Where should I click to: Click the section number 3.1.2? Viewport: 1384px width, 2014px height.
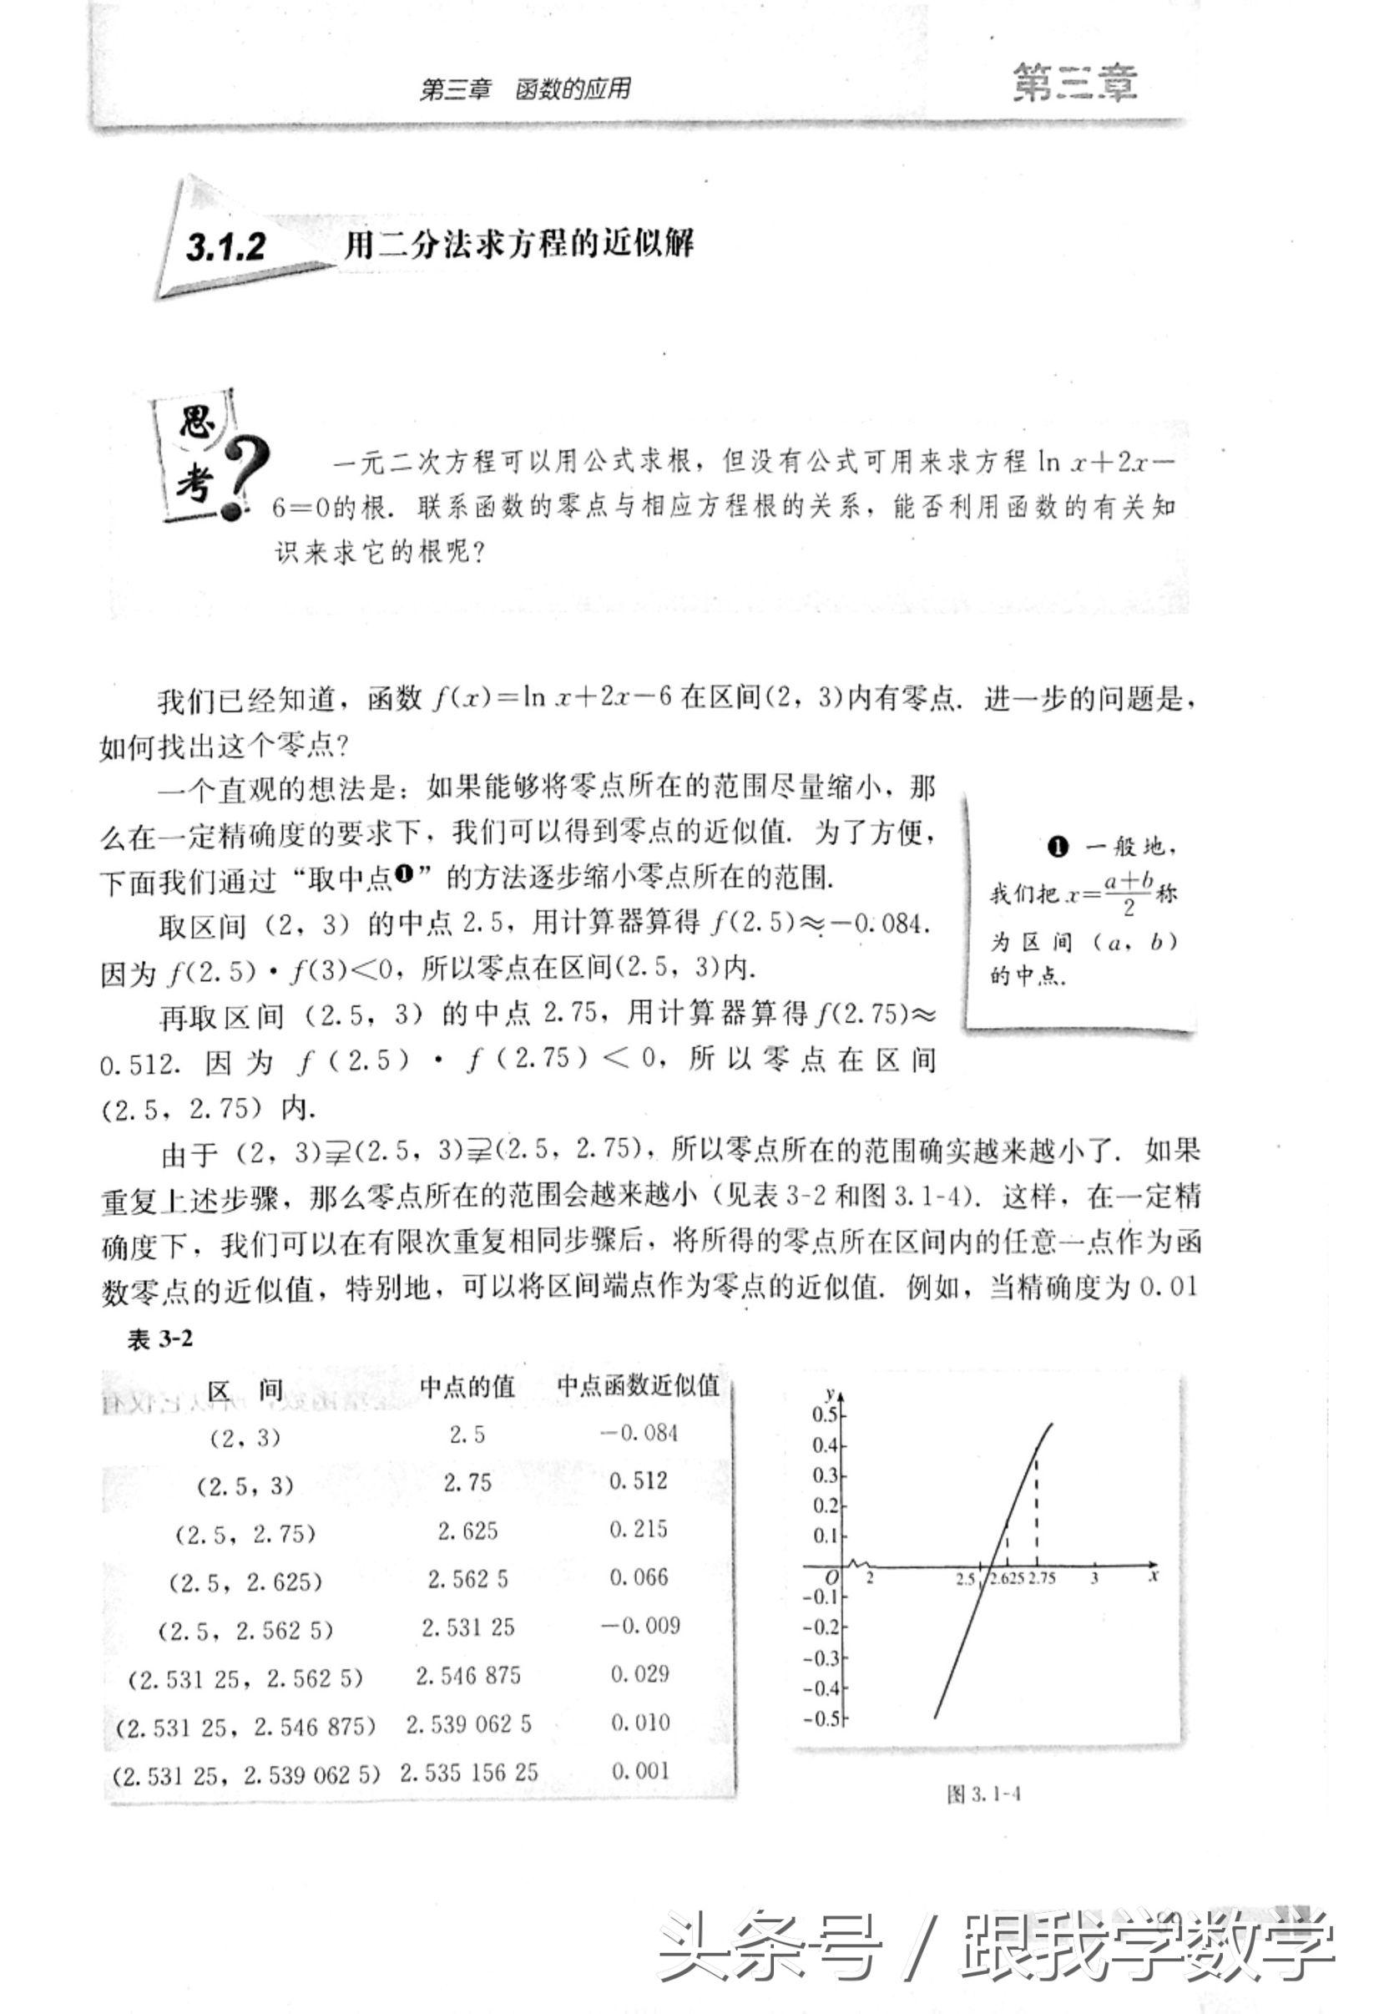tap(225, 248)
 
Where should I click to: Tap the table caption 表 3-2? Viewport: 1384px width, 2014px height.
tap(160, 1340)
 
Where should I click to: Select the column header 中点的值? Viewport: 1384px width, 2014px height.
tap(467, 1387)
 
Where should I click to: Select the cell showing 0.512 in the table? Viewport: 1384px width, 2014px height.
tap(639, 1480)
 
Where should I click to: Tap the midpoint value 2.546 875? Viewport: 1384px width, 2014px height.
tap(468, 1675)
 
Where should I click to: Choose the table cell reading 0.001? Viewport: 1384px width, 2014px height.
tap(640, 1771)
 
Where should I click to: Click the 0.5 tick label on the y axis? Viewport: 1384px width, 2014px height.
tap(825, 1414)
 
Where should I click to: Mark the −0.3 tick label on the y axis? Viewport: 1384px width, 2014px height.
tap(822, 1657)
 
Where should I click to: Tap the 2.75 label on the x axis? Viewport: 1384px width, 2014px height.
tap(1042, 1579)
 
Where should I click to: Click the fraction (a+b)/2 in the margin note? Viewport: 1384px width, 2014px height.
tap(1129, 893)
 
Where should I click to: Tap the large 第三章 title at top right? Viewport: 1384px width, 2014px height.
tap(1074, 84)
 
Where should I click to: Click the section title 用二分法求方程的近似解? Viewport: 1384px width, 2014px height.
tap(518, 245)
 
